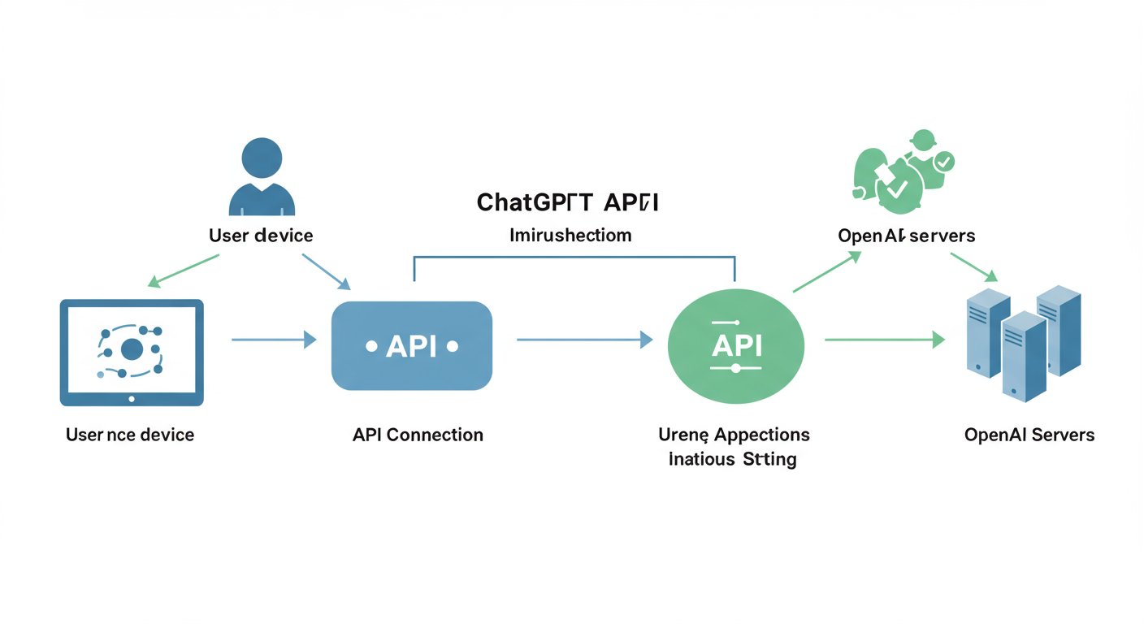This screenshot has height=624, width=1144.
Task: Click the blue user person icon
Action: (262, 179)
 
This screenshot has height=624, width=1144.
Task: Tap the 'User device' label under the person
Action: (261, 236)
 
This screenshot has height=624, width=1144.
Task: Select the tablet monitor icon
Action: (132, 352)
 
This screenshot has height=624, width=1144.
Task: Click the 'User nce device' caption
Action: (130, 435)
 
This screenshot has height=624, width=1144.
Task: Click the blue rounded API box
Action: (412, 346)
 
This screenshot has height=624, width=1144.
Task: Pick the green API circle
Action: (735, 346)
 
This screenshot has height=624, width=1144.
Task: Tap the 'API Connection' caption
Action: (418, 435)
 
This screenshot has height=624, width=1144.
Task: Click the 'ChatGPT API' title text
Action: (567, 202)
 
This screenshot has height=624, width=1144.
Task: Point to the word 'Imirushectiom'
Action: (570, 236)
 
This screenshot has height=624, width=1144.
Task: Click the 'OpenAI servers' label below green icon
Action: (906, 236)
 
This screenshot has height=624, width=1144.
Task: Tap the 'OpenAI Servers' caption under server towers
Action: (1029, 435)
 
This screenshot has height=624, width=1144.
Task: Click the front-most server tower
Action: (1023, 357)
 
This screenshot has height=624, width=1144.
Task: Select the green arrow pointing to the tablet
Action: (184, 271)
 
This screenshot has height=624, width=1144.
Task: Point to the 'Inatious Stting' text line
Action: (732, 459)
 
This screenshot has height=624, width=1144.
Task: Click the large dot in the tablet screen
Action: (132, 350)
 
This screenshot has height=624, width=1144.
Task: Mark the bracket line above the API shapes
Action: (574, 257)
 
